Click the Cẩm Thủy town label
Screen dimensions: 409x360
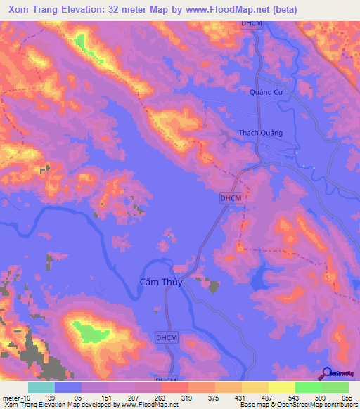coord(156,282)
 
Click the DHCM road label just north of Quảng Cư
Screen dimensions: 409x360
coord(251,24)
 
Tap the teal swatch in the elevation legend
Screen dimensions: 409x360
coord(41,387)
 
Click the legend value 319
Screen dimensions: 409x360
coord(188,397)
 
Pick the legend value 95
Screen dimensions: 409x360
coord(81,397)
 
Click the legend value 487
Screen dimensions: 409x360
coord(268,397)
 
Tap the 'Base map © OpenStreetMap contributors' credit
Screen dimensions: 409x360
coord(297,404)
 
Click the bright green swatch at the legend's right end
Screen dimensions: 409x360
coord(335,387)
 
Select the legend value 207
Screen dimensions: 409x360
coord(134,397)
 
